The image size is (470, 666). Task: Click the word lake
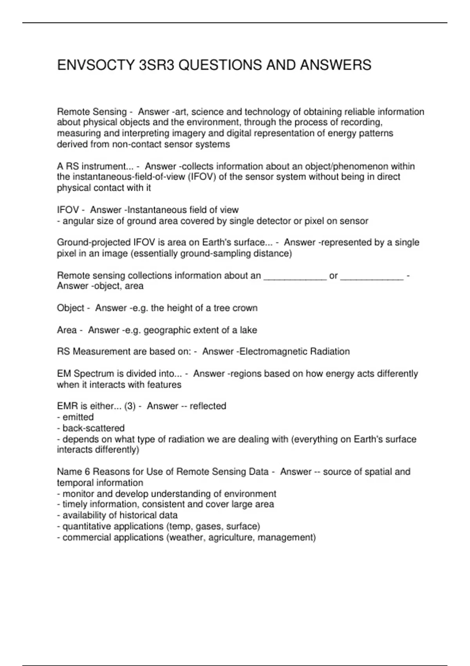pyautogui.click(x=248, y=330)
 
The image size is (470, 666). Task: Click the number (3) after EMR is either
pyautogui.click(x=130, y=406)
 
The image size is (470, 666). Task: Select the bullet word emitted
pyautogui.click(x=78, y=417)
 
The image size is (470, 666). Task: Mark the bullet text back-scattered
pyautogui.click(x=94, y=428)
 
